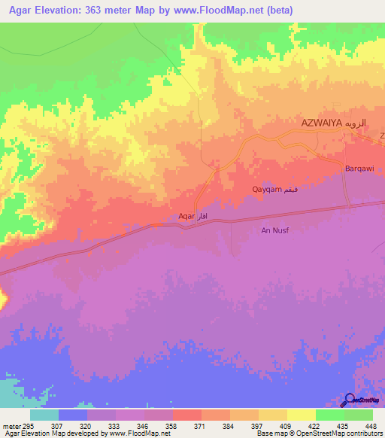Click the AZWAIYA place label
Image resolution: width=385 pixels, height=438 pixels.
[x=321, y=122]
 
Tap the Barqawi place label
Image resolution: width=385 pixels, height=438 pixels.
[x=359, y=169]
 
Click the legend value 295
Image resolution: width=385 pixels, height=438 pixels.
[x=29, y=426]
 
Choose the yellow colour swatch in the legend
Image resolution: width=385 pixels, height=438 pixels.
[x=300, y=415]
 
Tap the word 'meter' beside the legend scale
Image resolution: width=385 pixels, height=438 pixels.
[x=11, y=426]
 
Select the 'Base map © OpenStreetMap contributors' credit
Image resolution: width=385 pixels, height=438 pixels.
[x=319, y=433]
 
